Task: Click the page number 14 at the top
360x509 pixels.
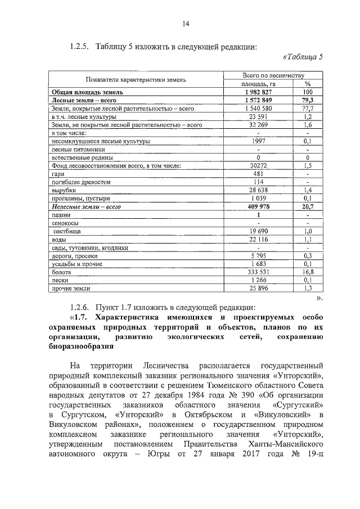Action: tap(186, 23)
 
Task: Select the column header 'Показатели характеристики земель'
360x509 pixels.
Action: tap(135, 79)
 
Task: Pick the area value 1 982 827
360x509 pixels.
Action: tap(258, 92)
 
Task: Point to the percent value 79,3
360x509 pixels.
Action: tap(308, 100)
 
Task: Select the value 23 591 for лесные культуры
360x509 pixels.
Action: tap(258, 116)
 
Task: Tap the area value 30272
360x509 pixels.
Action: tap(258, 166)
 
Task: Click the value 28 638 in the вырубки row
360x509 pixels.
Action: tap(258, 191)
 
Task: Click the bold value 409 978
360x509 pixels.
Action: tap(258, 207)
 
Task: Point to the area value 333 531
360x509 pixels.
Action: tap(258, 272)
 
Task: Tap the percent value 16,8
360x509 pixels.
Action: tap(308, 272)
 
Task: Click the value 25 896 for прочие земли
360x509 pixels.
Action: tap(258, 289)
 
